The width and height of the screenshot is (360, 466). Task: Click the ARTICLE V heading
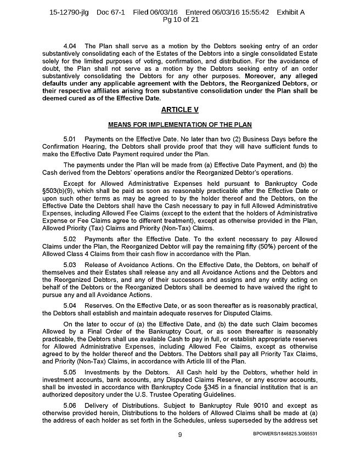(x=179, y=110)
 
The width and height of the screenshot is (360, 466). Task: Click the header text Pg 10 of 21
(x=179, y=20)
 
